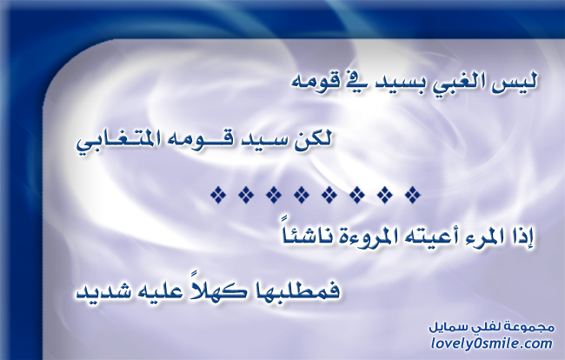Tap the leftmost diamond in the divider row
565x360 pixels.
click(x=218, y=195)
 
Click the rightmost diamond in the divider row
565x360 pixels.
click(x=413, y=195)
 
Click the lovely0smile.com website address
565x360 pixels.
click(x=491, y=343)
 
